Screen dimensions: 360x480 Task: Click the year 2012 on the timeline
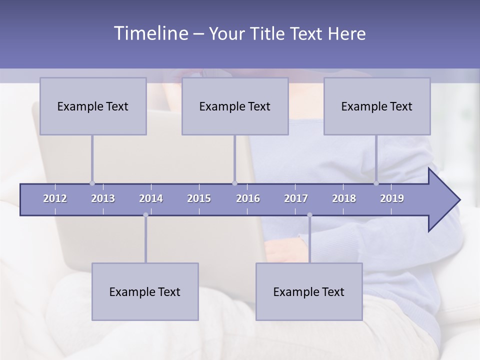[x=55, y=198]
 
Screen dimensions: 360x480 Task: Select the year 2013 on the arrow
[x=103, y=198]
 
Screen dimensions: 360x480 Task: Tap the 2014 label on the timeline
[x=151, y=198]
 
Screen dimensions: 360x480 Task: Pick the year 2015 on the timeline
[x=199, y=198]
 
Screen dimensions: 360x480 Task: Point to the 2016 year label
[x=248, y=198]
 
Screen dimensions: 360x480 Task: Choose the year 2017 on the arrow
[x=296, y=198]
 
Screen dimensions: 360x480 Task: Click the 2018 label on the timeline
[x=344, y=198]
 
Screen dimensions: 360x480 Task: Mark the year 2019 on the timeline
[x=392, y=198]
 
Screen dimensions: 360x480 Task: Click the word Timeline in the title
[x=149, y=33]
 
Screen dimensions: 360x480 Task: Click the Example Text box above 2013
[x=93, y=106]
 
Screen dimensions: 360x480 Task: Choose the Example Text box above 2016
[x=235, y=106]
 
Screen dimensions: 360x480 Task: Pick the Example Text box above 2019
[x=377, y=106]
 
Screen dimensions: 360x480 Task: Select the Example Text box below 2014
[x=145, y=291]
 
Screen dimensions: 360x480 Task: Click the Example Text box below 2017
[x=309, y=291]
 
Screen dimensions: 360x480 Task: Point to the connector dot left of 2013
[x=92, y=183]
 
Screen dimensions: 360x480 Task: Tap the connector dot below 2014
[x=145, y=215]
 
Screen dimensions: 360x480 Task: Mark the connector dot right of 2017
[x=309, y=215]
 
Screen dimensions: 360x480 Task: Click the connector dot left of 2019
[x=376, y=183]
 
